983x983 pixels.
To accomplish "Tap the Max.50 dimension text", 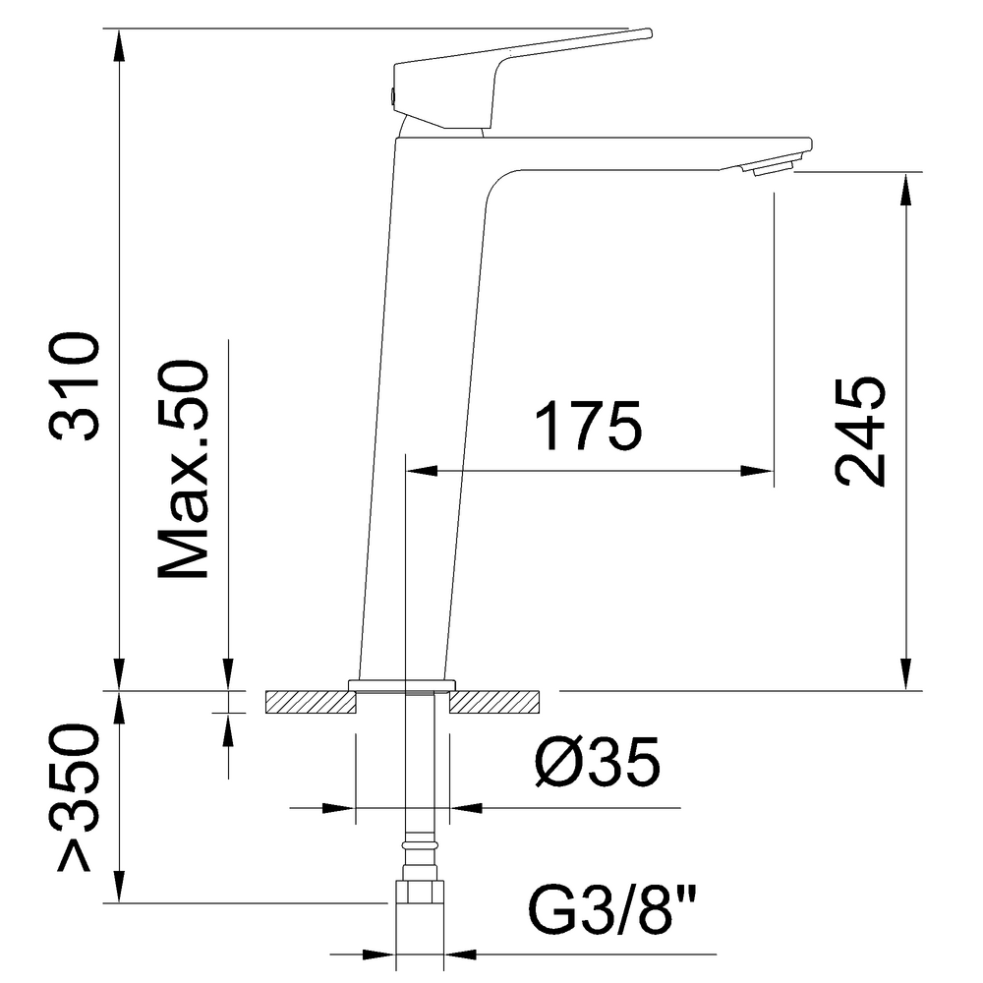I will point(184,471).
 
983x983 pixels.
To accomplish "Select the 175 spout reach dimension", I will point(588,426).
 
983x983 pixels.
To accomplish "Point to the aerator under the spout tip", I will point(773,170).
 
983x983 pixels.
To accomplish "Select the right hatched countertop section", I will point(494,702).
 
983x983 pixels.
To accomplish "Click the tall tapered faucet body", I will point(423,393).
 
